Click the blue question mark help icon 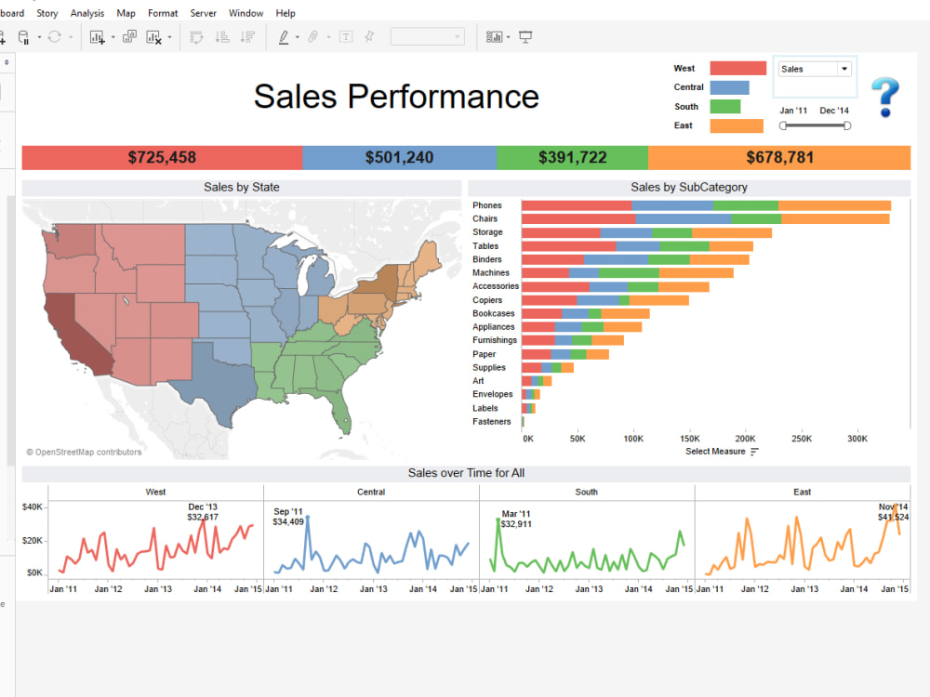click(x=884, y=97)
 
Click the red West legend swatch click(x=737, y=68)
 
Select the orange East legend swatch click(x=736, y=125)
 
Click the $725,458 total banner click(x=162, y=157)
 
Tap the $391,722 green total click(x=572, y=157)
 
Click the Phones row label click(x=486, y=205)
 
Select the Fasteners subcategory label click(x=491, y=422)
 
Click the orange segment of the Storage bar click(x=731, y=232)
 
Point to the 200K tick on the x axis click(x=745, y=438)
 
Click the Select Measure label click(x=715, y=452)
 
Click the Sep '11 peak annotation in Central click(x=288, y=517)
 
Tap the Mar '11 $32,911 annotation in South click(x=515, y=519)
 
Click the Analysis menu click(x=87, y=13)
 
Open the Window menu click(x=246, y=13)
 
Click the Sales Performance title click(x=396, y=97)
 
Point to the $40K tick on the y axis click(x=33, y=506)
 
